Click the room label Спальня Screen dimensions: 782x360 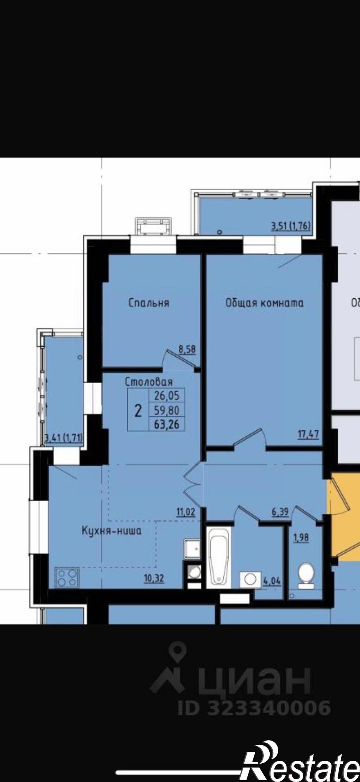coord(149,303)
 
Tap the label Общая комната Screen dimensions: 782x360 coord(264,303)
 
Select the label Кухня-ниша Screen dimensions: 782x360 coord(111,531)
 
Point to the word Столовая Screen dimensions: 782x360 coord(149,382)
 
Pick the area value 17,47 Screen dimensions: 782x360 coord(308,434)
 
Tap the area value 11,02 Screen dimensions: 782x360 coord(185,511)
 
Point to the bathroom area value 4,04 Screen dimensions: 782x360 coord(272,581)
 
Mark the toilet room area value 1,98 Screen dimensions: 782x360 coord(301,538)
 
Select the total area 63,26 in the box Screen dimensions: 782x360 coord(167,425)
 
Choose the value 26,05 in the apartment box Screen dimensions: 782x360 coord(167,396)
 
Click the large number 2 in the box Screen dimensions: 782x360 coord(138,411)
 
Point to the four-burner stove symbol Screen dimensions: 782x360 coord(67,578)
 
